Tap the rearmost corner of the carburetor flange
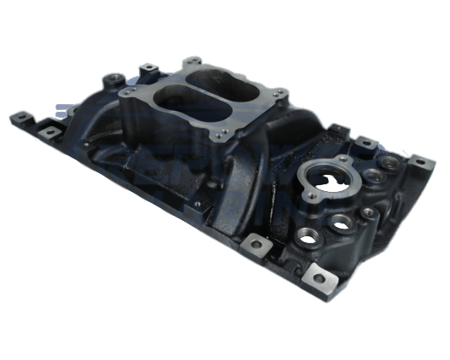tap(193, 61)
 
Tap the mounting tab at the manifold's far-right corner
tap(417, 160)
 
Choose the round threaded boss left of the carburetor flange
tap(111, 81)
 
